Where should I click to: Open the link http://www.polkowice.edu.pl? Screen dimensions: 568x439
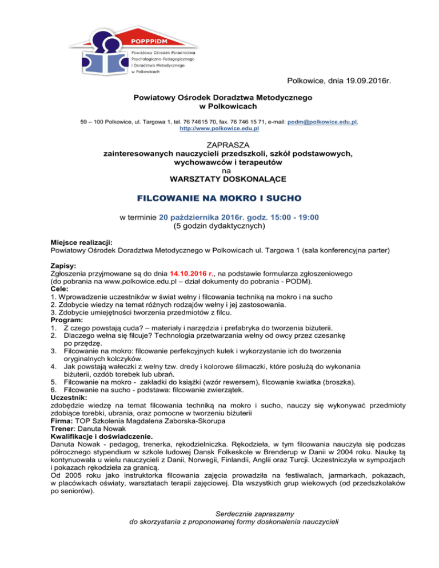220,130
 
